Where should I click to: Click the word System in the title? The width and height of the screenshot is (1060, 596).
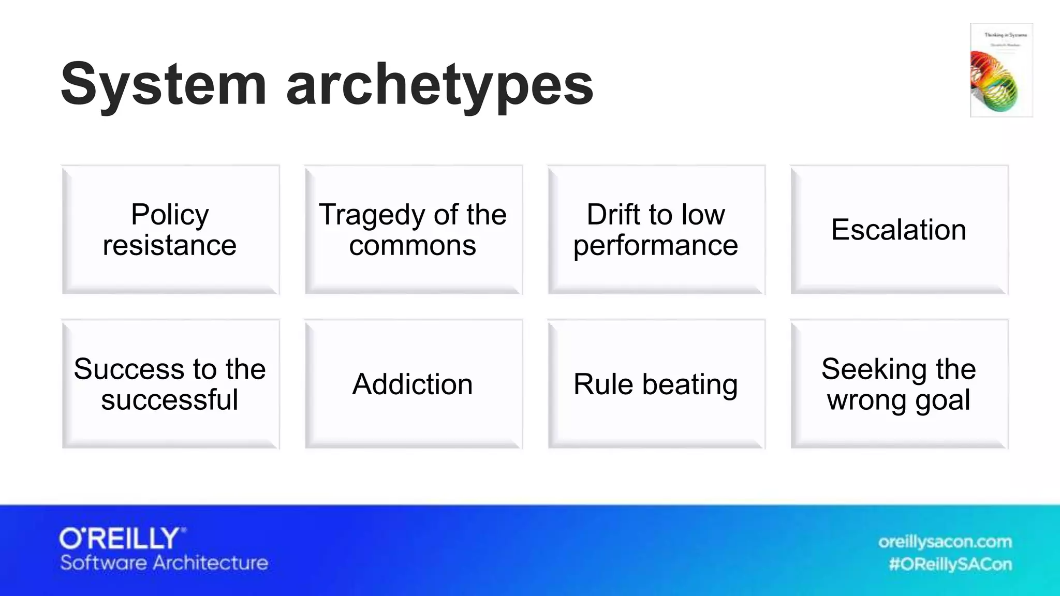coord(164,84)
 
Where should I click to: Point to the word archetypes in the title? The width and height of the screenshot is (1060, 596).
coord(439,85)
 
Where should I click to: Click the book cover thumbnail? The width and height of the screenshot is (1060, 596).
coord(1001,70)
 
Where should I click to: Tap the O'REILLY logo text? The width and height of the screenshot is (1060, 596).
coord(122,539)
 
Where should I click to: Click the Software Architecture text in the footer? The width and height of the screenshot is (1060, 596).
coord(164,563)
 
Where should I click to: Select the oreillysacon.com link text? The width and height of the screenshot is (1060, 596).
coord(945,542)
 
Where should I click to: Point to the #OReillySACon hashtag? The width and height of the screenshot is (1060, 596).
coord(950,564)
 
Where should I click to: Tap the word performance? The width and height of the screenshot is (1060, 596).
coord(655,245)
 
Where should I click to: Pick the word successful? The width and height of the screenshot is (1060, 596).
coord(170,400)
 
